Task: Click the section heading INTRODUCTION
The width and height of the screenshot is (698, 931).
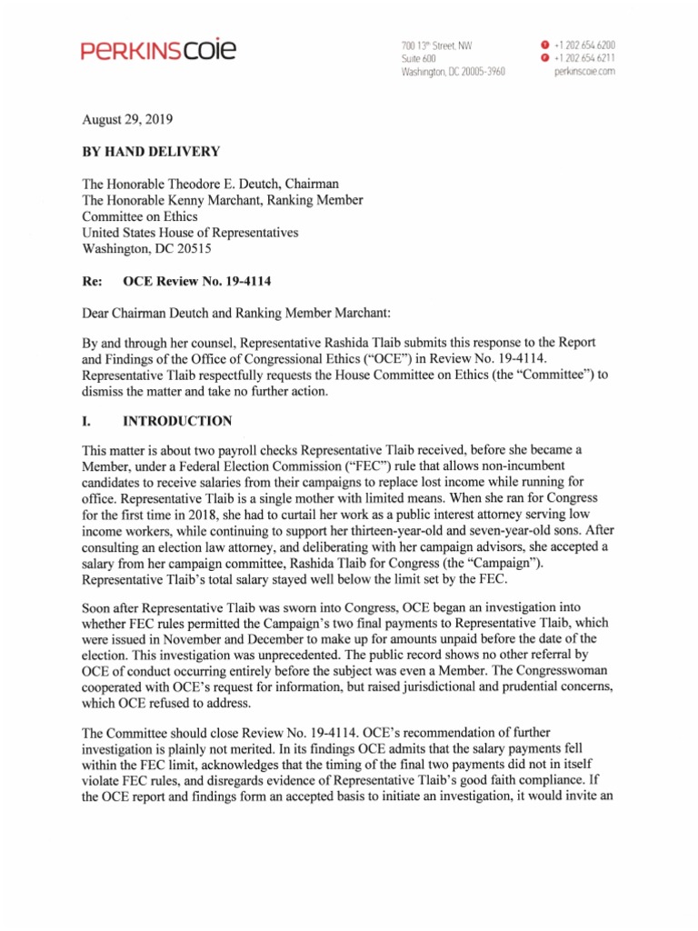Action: (x=177, y=421)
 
